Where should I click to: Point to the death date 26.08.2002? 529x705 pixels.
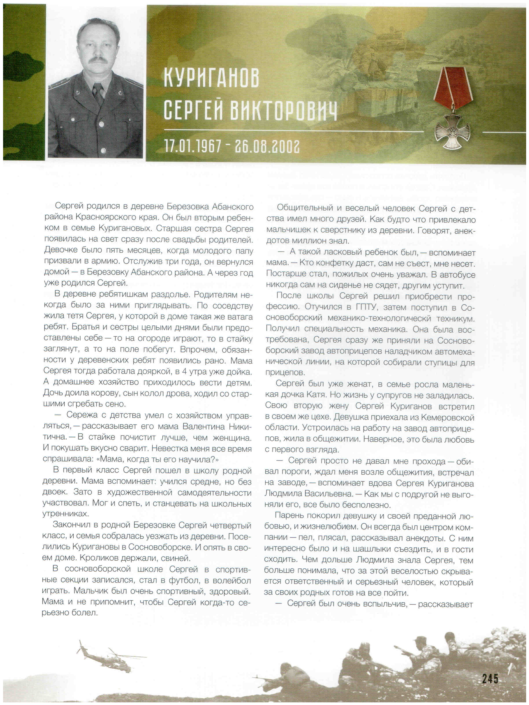point(267,146)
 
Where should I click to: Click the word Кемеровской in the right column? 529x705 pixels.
point(447,417)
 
